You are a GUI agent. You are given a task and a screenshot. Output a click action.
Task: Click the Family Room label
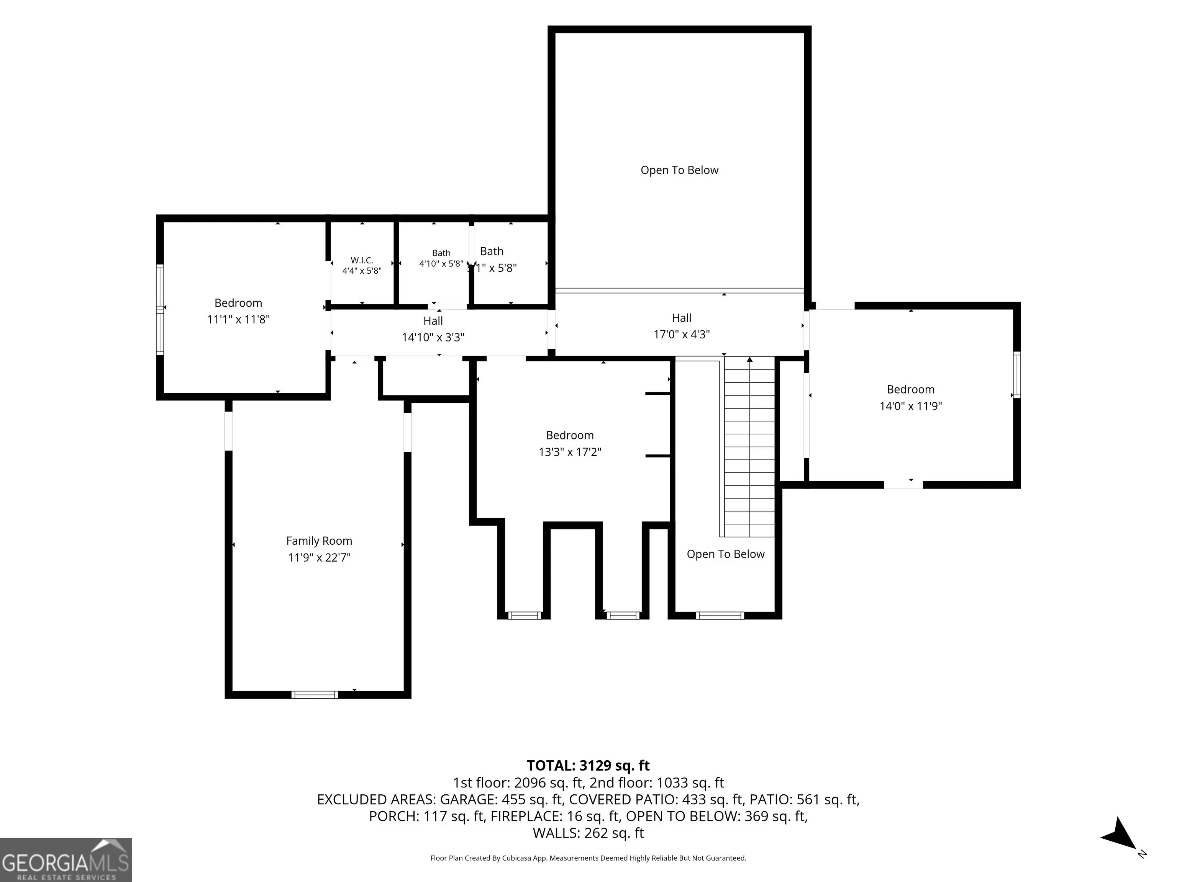[319, 541]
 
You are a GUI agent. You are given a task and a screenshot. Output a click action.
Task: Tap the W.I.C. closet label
[362, 260]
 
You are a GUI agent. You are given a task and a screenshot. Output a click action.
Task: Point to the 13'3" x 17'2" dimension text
[570, 452]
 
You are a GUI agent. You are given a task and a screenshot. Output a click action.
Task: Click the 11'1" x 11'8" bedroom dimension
[238, 319]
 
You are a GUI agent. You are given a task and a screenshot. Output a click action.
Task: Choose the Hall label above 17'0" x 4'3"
[682, 318]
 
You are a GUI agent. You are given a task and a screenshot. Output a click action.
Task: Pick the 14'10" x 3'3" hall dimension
[433, 337]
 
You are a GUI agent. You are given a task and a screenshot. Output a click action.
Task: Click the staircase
[749, 447]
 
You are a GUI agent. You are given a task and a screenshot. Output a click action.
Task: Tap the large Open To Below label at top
[679, 170]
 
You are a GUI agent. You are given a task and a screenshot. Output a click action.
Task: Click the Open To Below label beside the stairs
[726, 554]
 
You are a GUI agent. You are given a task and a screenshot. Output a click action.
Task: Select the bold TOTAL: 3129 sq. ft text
[588, 766]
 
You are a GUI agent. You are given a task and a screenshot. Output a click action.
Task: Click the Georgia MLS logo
[66, 860]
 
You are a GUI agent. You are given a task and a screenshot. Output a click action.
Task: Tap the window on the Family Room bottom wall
[315, 694]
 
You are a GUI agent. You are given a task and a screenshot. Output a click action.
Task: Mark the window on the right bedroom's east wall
[1017, 374]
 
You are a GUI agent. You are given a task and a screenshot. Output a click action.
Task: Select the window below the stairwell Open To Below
[720, 616]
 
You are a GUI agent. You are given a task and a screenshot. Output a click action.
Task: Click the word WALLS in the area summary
[556, 833]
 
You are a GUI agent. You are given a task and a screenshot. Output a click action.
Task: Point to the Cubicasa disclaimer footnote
[588, 858]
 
